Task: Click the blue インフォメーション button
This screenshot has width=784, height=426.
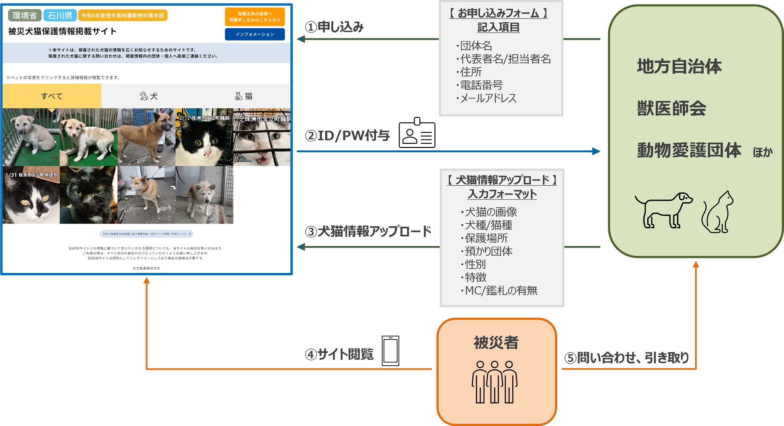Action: click(x=254, y=35)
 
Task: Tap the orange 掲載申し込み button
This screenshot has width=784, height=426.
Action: click(x=254, y=16)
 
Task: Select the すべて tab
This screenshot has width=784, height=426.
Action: click(x=52, y=96)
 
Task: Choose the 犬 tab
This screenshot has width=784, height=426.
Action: click(x=149, y=96)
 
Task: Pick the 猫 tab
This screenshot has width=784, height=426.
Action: click(x=244, y=96)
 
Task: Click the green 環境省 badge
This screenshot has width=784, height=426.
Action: click(x=25, y=16)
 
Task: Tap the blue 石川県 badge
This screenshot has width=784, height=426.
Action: click(x=60, y=16)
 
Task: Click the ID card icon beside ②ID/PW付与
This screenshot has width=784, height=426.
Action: click(x=417, y=133)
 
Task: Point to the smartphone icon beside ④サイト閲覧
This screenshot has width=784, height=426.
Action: click(x=390, y=350)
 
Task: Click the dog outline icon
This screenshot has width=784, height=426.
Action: click(x=663, y=210)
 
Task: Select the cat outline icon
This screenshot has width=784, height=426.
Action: click(x=718, y=212)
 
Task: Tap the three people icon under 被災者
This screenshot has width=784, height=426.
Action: click(x=495, y=382)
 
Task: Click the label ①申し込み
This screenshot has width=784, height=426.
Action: click(x=335, y=27)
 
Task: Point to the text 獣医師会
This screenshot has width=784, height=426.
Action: click(x=671, y=109)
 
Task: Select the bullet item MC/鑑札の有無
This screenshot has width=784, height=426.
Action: click(x=501, y=291)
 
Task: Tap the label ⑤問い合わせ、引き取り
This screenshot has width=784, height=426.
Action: click(x=627, y=357)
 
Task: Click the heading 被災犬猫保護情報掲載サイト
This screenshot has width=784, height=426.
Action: click(x=62, y=31)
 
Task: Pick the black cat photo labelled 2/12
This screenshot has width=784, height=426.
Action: click(x=204, y=137)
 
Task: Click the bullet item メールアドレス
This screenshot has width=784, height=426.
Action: click(x=488, y=98)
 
